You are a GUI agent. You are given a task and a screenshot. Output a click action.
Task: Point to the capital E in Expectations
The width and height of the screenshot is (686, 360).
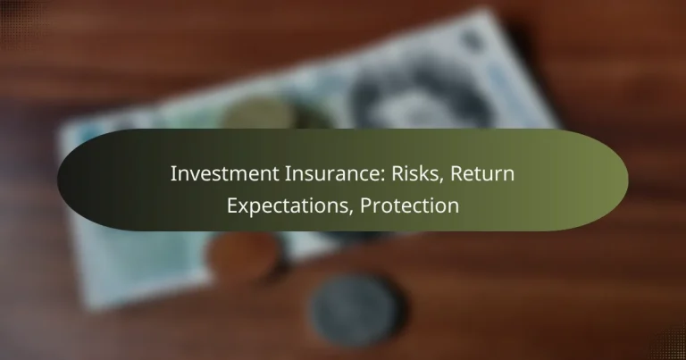[232, 205]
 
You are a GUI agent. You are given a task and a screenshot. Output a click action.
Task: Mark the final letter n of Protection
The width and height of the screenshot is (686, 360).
[454, 207]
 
